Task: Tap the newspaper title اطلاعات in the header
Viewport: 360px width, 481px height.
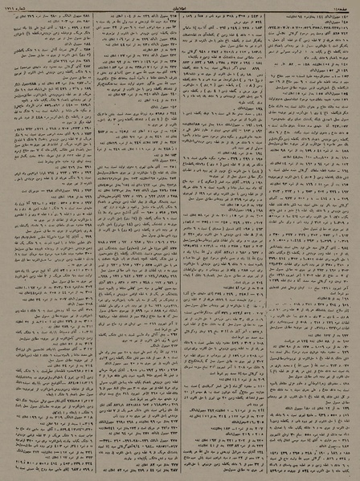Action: click(180, 4)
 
